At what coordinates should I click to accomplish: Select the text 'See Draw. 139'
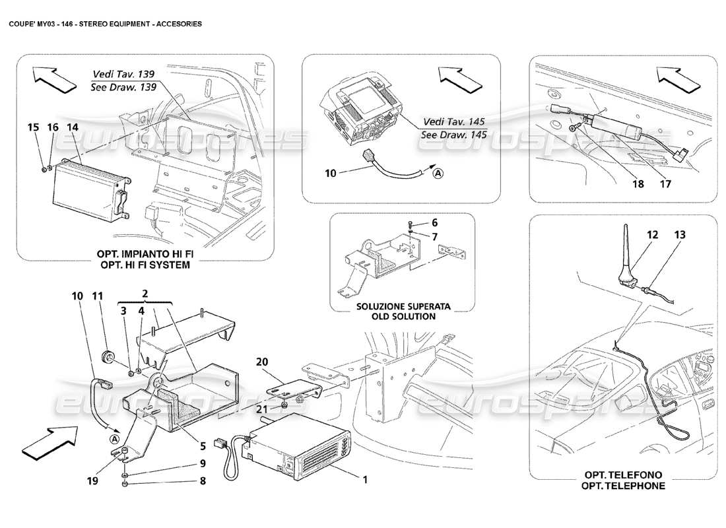click(x=123, y=88)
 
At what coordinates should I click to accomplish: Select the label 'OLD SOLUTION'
click(x=395, y=316)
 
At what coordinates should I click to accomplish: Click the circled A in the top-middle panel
click(x=438, y=174)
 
